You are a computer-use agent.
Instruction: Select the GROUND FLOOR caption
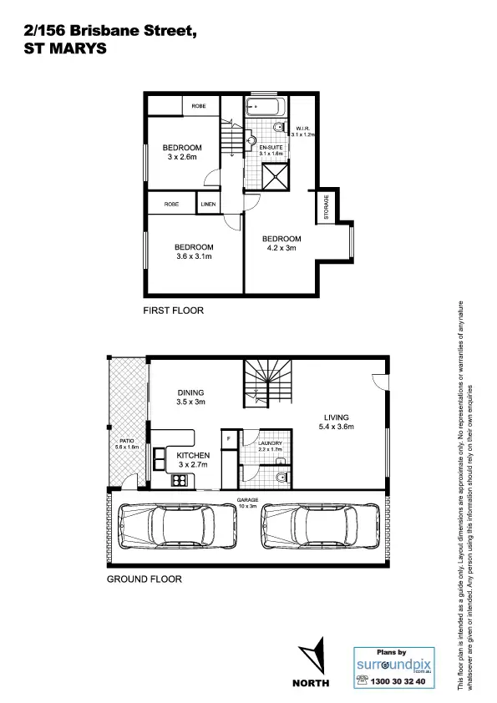pyautogui.click(x=144, y=578)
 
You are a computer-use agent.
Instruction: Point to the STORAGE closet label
pyautogui.click(x=326, y=208)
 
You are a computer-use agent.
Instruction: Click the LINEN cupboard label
pyautogui.click(x=207, y=204)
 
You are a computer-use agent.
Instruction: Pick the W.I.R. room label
pyautogui.click(x=300, y=129)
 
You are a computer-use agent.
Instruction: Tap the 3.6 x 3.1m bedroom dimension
pyautogui.click(x=194, y=257)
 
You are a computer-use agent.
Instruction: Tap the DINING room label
pyautogui.click(x=190, y=392)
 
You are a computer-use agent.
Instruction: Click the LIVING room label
pyautogui.click(x=337, y=417)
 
